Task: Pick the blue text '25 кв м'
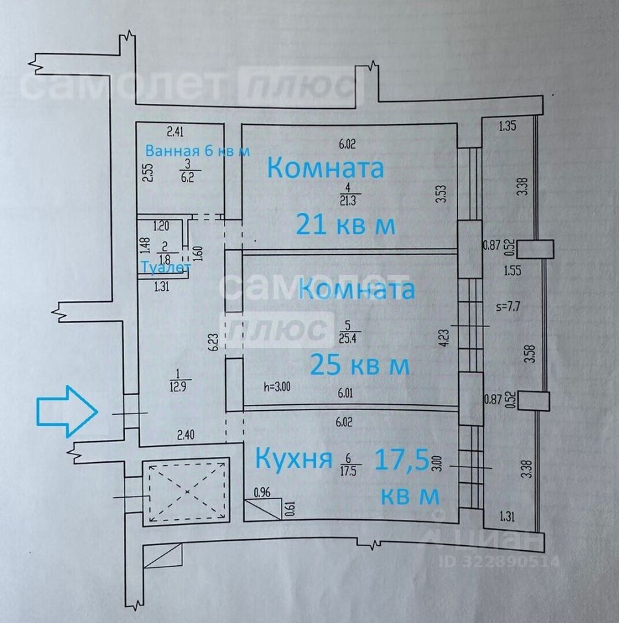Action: click(359, 365)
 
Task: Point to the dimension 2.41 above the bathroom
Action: click(176, 133)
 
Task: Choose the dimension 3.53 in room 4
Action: click(441, 195)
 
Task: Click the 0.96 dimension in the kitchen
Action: click(262, 492)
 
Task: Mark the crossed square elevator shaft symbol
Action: click(186, 491)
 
